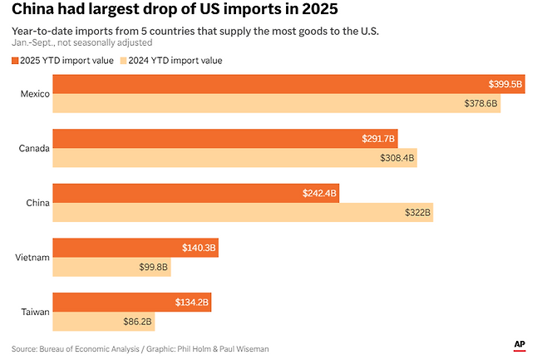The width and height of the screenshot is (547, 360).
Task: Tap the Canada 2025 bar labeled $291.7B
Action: click(225, 139)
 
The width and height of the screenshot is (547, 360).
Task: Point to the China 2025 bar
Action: click(195, 193)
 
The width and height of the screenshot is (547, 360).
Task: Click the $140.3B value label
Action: click(199, 248)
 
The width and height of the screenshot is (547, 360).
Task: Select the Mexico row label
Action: click(35, 94)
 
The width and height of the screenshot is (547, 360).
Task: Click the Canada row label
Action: click(34, 149)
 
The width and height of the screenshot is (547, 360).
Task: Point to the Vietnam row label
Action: click(33, 258)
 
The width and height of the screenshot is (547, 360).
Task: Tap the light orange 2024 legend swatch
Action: click(124, 61)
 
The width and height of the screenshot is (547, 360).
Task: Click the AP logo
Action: click(519, 344)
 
